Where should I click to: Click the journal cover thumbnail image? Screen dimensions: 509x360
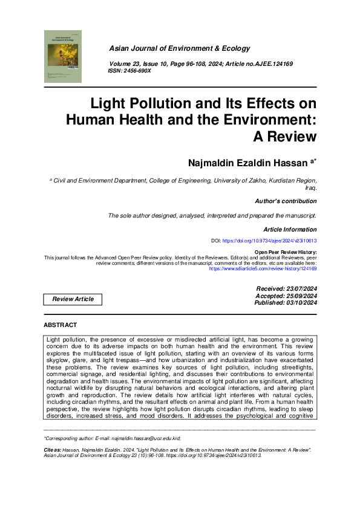[x=64, y=56]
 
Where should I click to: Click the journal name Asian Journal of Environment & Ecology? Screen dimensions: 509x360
[x=179, y=48]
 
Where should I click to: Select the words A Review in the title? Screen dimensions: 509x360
[x=287, y=137]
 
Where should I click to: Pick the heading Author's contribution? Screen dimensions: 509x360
[x=286, y=201]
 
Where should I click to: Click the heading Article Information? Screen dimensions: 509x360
[x=290, y=230]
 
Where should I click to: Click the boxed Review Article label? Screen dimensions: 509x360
[x=73, y=299]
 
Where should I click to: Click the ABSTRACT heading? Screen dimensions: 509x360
[x=61, y=325]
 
